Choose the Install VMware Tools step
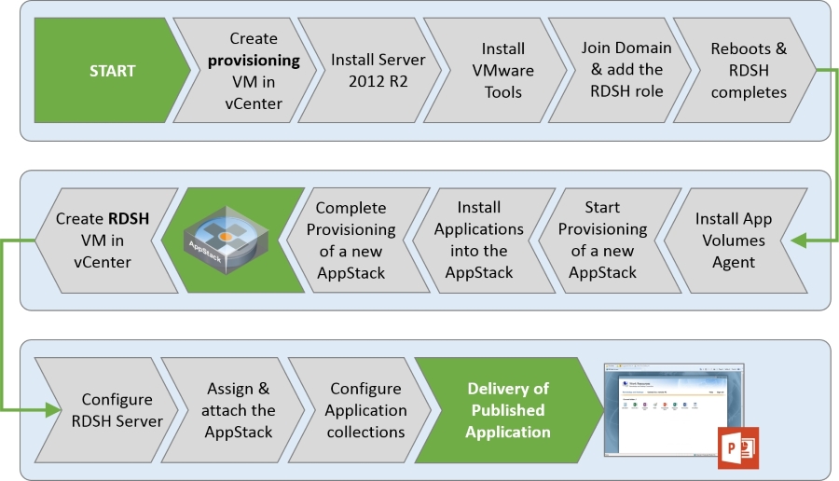[x=502, y=71]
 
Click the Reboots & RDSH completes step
[x=748, y=71]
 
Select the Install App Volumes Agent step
[x=735, y=240]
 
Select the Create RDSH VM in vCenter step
[x=103, y=240]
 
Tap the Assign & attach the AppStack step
[x=239, y=410]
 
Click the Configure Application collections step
[x=365, y=410]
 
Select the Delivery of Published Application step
[x=507, y=410]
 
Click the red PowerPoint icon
[x=737, y=447]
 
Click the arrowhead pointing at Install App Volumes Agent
[x=800, y=240]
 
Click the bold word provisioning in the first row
[x=254, y=61]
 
